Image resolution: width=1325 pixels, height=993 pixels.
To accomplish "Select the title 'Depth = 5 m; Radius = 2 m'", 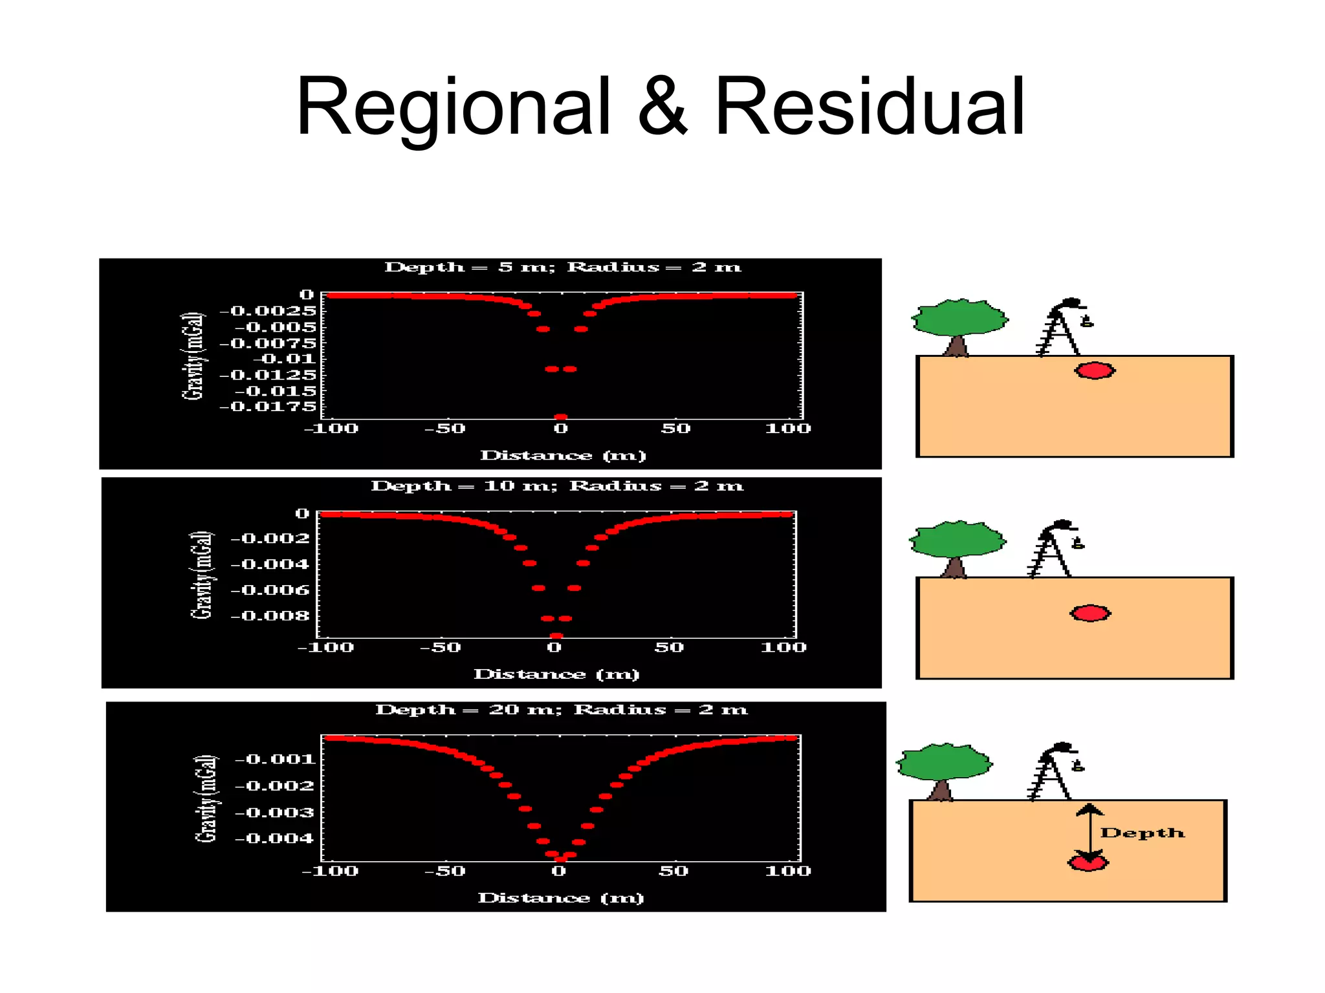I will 562,267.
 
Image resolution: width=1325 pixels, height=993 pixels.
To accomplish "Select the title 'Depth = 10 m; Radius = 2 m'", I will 557,486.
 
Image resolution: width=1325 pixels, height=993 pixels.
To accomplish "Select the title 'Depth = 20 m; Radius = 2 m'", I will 561,709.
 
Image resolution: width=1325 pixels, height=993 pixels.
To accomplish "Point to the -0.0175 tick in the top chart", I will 268,407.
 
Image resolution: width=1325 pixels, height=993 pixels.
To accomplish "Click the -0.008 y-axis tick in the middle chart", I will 270,615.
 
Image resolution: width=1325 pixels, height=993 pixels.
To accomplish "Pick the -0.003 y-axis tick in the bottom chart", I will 274,812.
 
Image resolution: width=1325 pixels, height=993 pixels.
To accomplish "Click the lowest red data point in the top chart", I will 561,417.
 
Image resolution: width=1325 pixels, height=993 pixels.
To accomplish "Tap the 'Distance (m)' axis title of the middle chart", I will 556,674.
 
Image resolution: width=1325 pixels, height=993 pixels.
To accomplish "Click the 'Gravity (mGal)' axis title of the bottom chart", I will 206,798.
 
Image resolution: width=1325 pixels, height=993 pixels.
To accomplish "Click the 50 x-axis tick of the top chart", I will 675,428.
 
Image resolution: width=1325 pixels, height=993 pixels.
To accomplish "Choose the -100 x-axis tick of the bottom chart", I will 330,871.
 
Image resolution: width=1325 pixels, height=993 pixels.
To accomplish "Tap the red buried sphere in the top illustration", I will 1095,370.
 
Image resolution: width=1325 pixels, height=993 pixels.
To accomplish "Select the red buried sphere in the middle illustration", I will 1091,613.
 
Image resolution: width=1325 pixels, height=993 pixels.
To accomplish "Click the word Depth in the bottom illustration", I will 1143,833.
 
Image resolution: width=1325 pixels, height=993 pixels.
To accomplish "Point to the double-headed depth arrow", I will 1090,834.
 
